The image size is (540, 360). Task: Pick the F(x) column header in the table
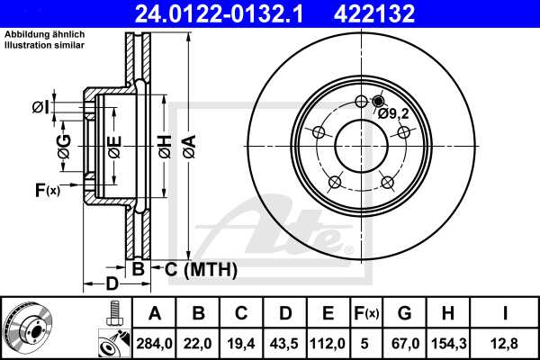[367, 313]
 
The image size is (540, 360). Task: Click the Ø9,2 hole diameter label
[393, 113]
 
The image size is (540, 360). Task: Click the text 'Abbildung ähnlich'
[44, 34]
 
